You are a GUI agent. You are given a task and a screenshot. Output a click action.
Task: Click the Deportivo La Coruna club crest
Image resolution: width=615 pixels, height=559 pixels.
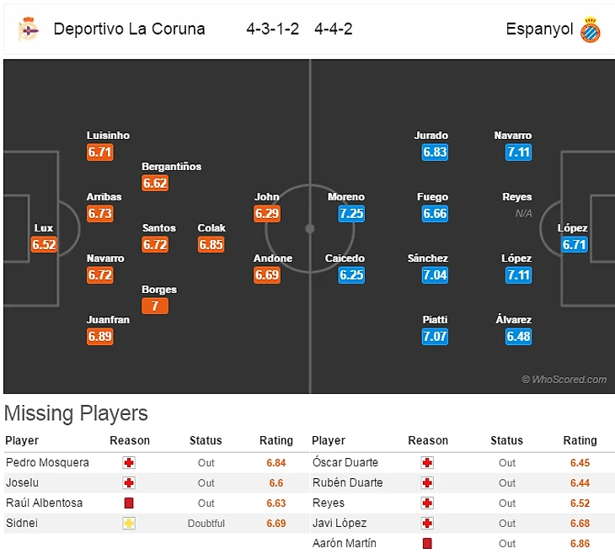tap(29, 29)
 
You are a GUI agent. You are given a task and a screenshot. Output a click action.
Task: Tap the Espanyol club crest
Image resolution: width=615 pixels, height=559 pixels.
tap(591, 30)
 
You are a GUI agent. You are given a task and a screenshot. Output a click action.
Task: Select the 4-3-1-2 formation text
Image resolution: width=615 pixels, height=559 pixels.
tap(273, 29)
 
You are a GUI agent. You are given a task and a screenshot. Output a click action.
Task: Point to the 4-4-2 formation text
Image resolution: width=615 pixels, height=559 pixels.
tap(334, 29)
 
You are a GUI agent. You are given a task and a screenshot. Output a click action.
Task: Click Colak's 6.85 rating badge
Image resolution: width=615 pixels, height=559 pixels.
tap(211, 244)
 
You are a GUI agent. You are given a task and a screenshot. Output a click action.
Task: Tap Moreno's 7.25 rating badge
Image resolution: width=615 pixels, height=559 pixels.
tap(351, 214)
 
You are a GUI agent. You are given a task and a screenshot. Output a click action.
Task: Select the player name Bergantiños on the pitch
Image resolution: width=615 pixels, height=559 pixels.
tap(172, 167)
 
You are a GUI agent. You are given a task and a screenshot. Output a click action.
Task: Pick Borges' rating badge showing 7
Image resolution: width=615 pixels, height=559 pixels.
tap(155, 306)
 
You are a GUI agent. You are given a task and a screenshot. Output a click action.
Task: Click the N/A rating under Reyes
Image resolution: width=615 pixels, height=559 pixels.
tap(524, 214)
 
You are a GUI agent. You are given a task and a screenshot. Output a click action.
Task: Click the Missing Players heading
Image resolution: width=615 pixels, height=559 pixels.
tap(76, 413)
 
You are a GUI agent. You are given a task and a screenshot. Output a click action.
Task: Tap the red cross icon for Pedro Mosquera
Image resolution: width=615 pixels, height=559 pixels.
tap(129, 463)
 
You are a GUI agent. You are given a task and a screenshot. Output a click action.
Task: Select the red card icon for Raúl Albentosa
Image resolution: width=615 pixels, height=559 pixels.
tap(129, 503)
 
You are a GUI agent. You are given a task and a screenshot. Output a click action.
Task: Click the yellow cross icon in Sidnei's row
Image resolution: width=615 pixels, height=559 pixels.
tap(129, 524)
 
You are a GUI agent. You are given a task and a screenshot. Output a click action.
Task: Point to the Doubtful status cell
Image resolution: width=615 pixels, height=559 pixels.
tap(206, 524)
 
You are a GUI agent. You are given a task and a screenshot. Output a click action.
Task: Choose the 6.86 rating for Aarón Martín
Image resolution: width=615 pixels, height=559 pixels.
tap(580, 544)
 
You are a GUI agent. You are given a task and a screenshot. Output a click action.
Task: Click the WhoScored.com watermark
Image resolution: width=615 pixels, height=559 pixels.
tap(564, 380)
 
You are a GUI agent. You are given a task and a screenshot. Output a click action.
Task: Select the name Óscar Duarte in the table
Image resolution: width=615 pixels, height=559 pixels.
tap(345, 463)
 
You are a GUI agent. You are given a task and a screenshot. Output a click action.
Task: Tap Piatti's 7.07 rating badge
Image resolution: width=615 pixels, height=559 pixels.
tap(436, 337)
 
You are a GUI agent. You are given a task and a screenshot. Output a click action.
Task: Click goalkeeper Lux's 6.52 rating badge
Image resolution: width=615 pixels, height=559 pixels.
tap(44, 245)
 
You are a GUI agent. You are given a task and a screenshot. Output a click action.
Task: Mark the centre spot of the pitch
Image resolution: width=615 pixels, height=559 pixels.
tap(310, 228)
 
